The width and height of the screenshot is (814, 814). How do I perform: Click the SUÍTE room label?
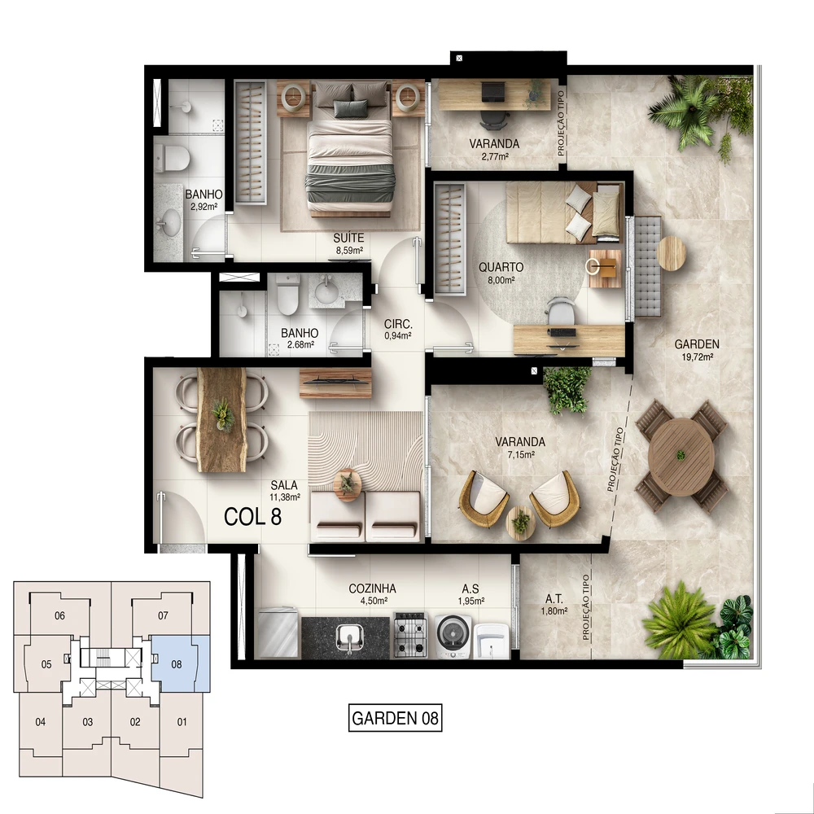tap(348, 239)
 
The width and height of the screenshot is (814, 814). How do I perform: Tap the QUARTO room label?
tap(501, 267)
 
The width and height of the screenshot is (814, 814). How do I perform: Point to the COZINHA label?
tap(372, 589)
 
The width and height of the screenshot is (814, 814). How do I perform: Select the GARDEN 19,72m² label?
tap(697, 349)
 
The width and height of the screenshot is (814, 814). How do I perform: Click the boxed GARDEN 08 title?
tap(395, 718)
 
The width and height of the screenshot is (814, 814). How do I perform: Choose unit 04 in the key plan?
tap(41, 722)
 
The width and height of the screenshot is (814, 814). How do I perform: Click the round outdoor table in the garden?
tap(681, 456)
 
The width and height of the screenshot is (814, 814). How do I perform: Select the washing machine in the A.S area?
tap(453, 637)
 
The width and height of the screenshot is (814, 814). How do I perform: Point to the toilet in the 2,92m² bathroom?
tap(171, 158)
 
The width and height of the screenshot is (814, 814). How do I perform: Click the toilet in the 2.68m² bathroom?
tap(287, 295)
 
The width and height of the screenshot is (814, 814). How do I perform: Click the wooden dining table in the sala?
tap(221, 420)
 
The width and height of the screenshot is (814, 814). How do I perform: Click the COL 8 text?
tap(253, 517)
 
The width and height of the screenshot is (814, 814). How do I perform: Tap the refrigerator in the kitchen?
tap(278, 632)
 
